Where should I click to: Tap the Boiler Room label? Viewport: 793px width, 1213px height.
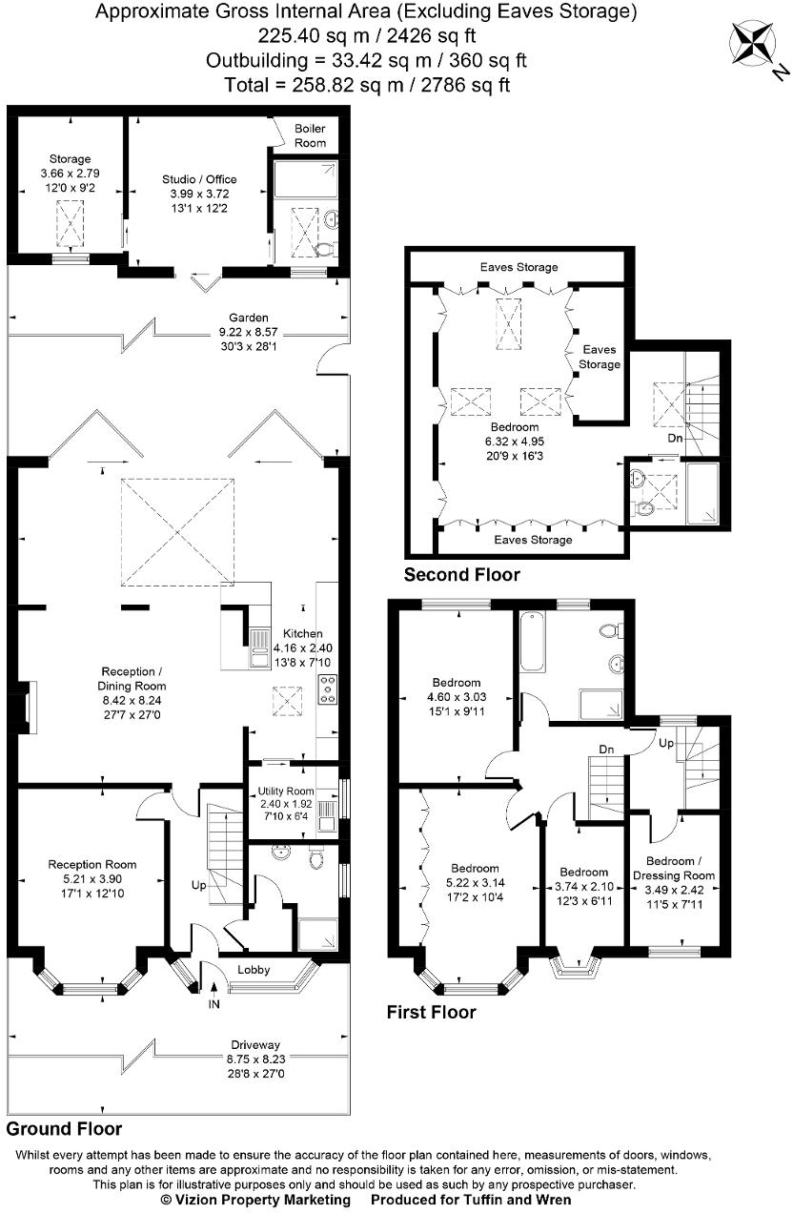(310, 135)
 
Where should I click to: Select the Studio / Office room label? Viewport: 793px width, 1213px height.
(199, 179)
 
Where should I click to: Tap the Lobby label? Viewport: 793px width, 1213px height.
(254, 970)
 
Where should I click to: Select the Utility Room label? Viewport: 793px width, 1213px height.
(286, 792)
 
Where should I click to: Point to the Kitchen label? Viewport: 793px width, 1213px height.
(302, 633)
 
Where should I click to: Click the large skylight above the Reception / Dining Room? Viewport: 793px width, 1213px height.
(176, 531)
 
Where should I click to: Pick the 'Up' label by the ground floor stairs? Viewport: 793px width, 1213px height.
(198, 885)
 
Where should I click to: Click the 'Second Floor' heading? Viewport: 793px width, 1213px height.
(462, 574)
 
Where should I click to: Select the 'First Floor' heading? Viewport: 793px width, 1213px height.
(431, 1012)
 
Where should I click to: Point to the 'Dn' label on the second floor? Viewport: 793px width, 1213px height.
(675, 440)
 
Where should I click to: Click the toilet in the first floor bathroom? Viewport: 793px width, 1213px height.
(613, 630)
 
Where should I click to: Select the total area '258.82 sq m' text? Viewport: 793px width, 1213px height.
(286, 85)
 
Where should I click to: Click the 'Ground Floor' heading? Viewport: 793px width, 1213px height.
(64, 1128)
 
